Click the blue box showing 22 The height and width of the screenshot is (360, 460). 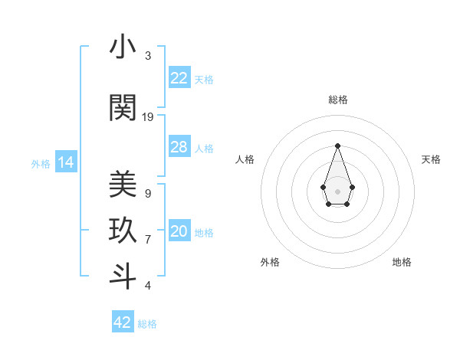(x=179, y=78)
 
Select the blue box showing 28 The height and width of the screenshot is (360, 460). (x=179, y=147)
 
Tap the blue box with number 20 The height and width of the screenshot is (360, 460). (x=179, y=232)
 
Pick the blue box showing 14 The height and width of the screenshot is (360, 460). (x=65, y=162)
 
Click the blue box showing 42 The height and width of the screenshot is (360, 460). (x=123, y=322)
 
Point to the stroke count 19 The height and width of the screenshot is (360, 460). (x=148, y=117)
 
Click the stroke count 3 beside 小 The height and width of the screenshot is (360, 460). (x=148, y=56)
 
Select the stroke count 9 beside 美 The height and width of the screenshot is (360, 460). (x=148, y=194)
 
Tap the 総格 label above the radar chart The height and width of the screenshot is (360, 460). (x=338, y=100)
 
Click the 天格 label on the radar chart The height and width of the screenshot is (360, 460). (x=431, y=159)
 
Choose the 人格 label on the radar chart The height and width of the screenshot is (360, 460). (x=245, y=159)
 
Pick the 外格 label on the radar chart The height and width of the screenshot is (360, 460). (x=270, y=262)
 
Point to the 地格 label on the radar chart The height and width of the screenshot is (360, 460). (x=402, y=262)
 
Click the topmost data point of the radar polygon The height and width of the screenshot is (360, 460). (x=337, y=146)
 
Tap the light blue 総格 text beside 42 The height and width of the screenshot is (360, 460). (x=147, y=324)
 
